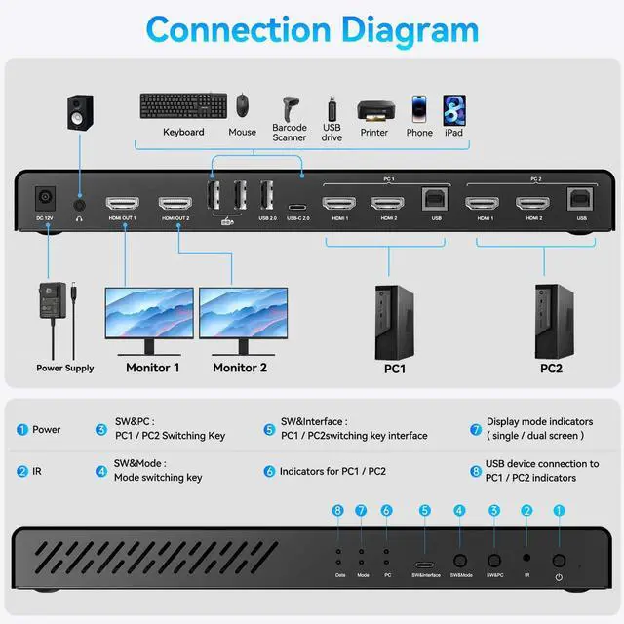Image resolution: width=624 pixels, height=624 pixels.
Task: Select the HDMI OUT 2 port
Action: point(175,206)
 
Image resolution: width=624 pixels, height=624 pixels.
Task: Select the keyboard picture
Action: point(182,106)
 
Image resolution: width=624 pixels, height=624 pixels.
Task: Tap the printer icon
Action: point(374,110)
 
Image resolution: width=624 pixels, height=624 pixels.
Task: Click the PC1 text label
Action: point(394,370)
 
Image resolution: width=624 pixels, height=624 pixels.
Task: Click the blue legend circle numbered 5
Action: point(269,429)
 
